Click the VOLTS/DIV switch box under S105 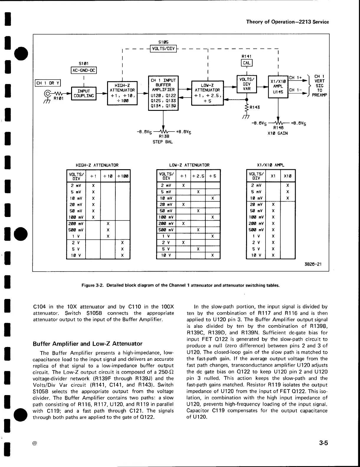(x=163, y=48)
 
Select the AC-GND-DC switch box (x=84, y=70)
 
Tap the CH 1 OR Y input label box (x=48, y=83)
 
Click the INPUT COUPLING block (x=84, y=93)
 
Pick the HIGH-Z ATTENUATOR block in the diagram (x=122, y=93)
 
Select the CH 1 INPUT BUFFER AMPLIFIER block (x=163, y=93)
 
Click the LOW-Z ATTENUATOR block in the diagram (x=207, y=93)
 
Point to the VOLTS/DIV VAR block (x=247, y=84)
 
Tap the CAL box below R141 (x=247, y=63)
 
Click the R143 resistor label (x=255, y=107)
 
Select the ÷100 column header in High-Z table (x=122, y=176)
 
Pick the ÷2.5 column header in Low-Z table (x=198, y=176)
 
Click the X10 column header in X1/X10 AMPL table (x=287, y=176)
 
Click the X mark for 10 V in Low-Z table (x=213, y=255)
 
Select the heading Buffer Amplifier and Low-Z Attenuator (x=88, y=343)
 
